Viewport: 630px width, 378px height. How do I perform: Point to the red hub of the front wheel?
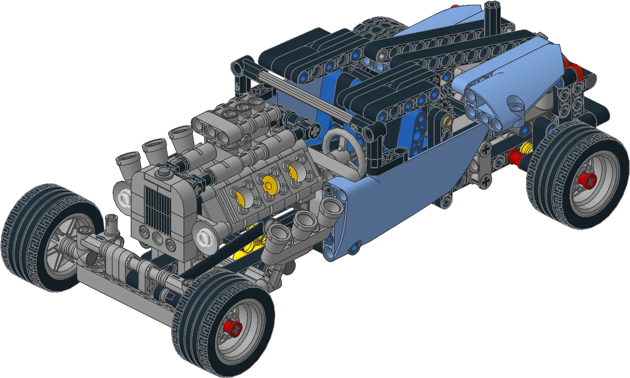click(x=232, y=329)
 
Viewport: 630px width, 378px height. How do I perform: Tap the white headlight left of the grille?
click(x=124, y=198)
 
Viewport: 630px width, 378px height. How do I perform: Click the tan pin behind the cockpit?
click(x=448, y=122)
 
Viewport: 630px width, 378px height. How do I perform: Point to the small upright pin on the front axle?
click(x=111, y=225)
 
